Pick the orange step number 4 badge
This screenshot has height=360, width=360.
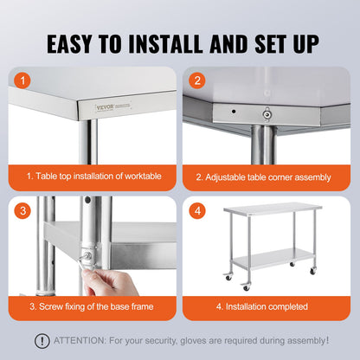[198, 211]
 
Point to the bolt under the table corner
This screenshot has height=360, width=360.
[267, 112]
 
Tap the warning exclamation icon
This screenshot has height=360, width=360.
[42, 341]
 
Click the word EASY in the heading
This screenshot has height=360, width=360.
[72, 43]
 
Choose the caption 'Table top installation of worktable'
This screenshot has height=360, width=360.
[93, 176]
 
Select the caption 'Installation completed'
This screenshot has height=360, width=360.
[262, 305]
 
